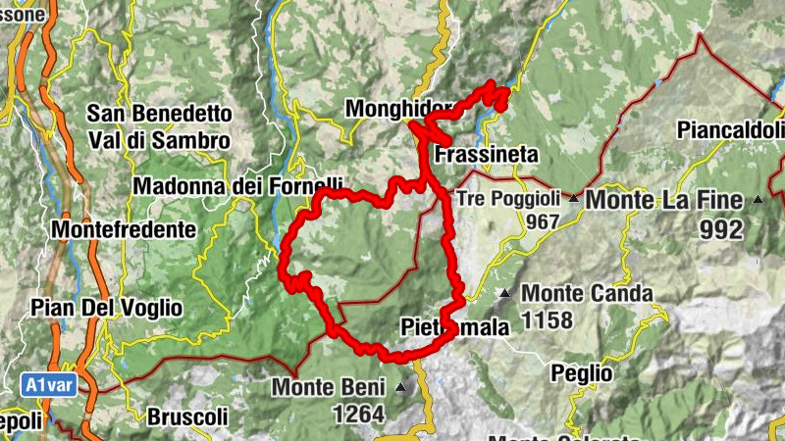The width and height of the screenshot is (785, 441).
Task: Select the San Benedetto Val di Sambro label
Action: tap(159, 127)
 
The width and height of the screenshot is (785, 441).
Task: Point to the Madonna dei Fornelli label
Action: tap(237, 184)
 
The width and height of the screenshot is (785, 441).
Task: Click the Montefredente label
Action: tap(122, 229)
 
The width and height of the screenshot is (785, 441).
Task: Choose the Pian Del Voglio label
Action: tap(107, 307)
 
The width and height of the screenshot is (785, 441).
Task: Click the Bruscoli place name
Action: tap(187, 416)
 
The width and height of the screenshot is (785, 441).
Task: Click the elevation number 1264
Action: tap(358, 415)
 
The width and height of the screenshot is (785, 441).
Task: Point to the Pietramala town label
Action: tap(454, 327)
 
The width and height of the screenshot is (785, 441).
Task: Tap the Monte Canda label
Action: tap(587, 293)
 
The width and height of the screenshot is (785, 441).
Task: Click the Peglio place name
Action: tap(581, 372)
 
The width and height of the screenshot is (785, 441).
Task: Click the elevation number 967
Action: tap(542, 222)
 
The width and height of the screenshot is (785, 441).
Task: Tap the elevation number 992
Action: tap(721, 230)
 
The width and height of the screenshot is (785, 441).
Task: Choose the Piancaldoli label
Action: tap(731, 129)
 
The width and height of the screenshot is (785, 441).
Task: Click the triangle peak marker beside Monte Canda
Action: tap(504, 293)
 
